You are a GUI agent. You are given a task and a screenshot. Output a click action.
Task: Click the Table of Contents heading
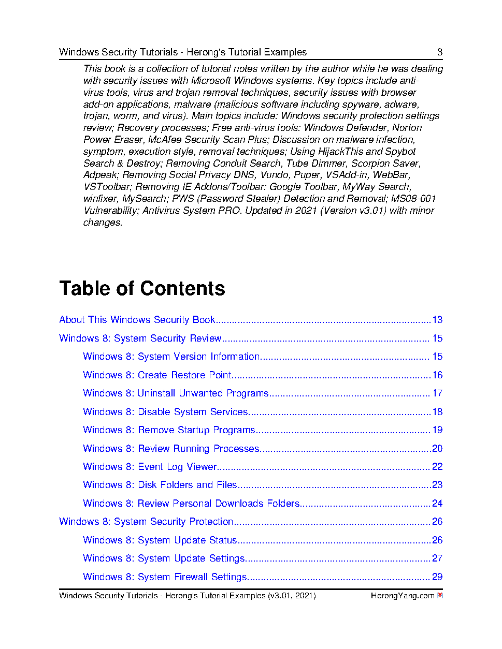click(142, 289)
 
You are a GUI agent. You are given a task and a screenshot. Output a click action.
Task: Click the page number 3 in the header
click(439, 52)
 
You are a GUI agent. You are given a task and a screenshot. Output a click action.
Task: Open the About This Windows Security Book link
click(137, 320)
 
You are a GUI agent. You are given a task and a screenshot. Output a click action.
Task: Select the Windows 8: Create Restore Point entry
click(157, 375)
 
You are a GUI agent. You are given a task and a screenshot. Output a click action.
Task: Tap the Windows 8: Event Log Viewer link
click(150, 467)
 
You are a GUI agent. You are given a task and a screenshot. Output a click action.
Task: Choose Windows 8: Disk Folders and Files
click(160, 485)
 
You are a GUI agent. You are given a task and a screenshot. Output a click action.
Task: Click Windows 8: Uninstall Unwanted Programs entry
click(176, 393)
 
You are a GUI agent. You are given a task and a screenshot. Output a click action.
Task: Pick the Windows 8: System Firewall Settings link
click(165, 577)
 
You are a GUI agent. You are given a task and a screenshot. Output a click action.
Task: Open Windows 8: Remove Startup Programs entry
click(169, 430)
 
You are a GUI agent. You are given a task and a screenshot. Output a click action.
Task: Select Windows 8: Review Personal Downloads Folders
click(191, 504)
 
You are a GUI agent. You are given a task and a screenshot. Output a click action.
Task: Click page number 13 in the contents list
click(437, 320)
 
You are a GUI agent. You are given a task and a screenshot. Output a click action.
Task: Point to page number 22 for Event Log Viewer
click(437, 467)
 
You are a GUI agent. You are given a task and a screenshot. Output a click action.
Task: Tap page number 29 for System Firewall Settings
click(437, 577)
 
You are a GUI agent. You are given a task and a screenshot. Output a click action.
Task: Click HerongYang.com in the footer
click(402, 596)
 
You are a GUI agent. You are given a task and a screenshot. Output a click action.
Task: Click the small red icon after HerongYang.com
click(440, 596)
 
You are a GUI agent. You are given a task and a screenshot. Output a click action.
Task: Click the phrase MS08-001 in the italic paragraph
click(413, 199)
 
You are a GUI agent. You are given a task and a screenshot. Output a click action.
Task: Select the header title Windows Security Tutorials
click(118, 52)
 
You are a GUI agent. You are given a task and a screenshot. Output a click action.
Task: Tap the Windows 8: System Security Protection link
click(146, 522)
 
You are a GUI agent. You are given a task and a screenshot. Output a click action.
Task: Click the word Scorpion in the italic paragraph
click(370, 164)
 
